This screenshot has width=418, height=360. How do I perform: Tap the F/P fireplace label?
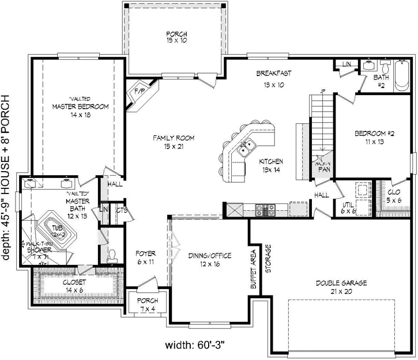(x=138, y=92)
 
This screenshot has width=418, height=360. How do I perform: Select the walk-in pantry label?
(x=323, y=167)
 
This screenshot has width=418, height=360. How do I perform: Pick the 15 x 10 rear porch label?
(x=174, y=37)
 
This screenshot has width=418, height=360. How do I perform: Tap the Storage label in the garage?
(x=268, y=259)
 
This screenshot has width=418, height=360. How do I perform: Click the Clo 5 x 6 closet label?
(x=395, y=196)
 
